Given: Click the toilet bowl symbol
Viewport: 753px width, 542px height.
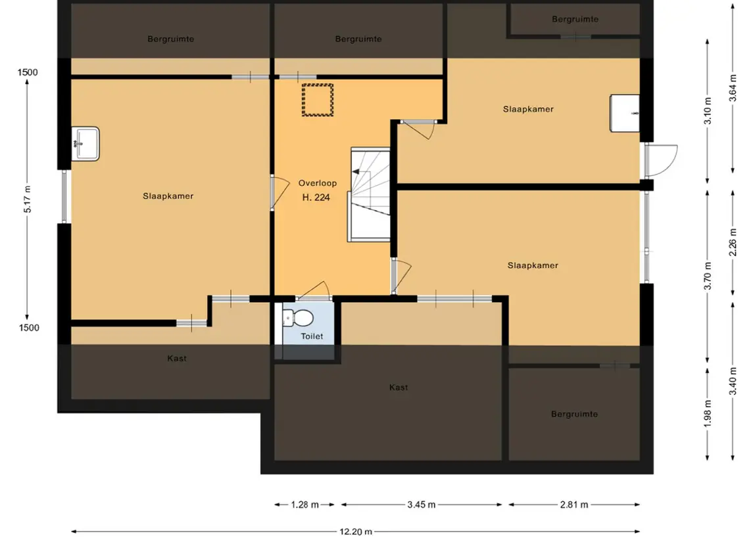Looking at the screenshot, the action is coord(298,318).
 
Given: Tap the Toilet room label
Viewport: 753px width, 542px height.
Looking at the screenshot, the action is coord(312,336).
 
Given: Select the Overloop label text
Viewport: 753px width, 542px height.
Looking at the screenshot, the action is coord(318,183).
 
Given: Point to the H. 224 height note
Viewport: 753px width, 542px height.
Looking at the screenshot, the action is coord(316,197).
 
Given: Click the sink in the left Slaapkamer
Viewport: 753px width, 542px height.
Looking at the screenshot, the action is coord(85,143).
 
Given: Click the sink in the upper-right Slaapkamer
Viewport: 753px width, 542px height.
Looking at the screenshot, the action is coord(624,113).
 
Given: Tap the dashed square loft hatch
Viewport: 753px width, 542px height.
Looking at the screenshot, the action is coord(318,100).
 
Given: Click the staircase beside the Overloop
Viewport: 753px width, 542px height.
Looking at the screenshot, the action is coord(369,194).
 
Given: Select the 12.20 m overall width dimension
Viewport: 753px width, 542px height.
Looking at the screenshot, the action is coord(355,531).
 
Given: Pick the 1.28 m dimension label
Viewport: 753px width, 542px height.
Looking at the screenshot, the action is coord(305,505).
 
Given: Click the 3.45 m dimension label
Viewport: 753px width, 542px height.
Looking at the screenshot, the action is coord(421,505).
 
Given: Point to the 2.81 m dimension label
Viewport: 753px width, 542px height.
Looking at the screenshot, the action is coord(574,505).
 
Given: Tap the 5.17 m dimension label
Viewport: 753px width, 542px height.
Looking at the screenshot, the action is coord(28,199).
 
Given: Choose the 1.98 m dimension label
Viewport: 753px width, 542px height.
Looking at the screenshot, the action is coord(708,413).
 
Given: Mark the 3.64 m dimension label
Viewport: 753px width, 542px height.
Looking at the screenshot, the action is coord(733,88).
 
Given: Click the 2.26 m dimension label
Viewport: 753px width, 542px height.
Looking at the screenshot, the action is coord(733,242).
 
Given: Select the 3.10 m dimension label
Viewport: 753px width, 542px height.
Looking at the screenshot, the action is coord(708,110).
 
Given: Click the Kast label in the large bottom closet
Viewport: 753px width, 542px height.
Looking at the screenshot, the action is coord(399,387).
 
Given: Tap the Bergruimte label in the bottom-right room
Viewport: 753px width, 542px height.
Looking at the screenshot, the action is coord(574,414).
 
